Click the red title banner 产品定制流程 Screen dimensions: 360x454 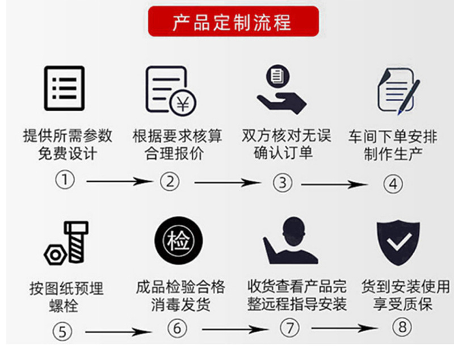[x=233, y=22]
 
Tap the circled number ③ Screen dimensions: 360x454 [x=282, y=183]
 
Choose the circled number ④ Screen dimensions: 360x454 [x=393, y=184]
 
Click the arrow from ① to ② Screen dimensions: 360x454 [x=119, y=182]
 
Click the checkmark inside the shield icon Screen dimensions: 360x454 [x=400, y=243]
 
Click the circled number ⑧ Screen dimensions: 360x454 [x=401, y=328]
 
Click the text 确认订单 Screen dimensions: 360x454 [x=283, y=153]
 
